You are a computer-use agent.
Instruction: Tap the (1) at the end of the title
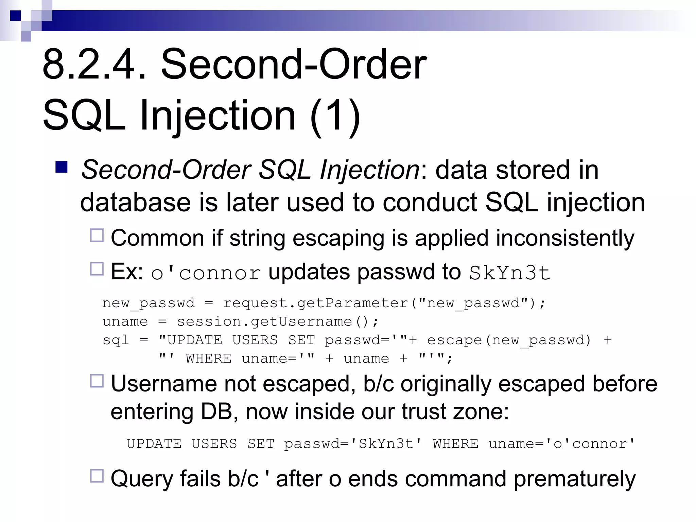[x=335, y=116]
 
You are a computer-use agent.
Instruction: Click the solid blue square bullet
[x=62, y=167]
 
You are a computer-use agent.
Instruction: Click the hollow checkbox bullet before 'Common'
[x=97, y=235]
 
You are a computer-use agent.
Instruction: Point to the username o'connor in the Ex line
[x=206, y=273]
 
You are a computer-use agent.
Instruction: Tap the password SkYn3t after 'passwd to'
[x=509, y=273]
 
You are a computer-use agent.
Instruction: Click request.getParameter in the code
[x=315, y=303]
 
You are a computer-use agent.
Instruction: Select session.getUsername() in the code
[x=277, y=321]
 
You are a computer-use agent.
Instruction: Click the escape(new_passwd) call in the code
[x=509, y=340]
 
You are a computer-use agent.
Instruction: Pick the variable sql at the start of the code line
[x=116, y=340]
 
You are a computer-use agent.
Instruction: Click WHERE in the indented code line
[x=208, y=359]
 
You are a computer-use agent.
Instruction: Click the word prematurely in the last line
[x=574, y=479]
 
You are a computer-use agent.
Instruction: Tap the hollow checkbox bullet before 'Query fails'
[x=97, y=476]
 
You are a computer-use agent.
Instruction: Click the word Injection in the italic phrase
[x=370, y=170]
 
